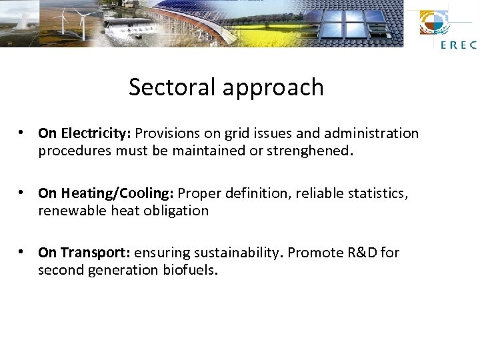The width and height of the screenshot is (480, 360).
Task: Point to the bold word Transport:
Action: pos(95,253)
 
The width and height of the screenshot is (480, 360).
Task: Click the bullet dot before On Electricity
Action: pos(23,133)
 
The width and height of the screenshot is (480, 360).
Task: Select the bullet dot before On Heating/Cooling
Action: pos(23,193)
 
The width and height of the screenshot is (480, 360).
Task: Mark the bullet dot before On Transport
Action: pos(23,252)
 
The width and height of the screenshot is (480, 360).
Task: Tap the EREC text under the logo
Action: pos(459,45)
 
